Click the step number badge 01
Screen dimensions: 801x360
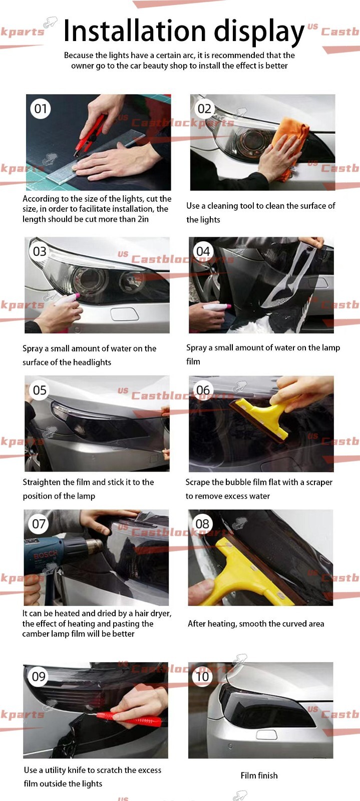click(x=41, y=109)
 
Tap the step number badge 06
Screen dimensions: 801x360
click(x=203, y=390)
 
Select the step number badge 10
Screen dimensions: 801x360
click(x=202, y=676)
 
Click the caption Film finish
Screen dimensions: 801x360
click(x=259, y=775)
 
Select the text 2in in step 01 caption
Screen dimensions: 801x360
click(x=142, y=219)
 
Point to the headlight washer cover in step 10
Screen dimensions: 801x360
click(x=266, y=734)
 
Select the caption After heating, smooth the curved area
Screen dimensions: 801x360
click(x=256, y=624)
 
